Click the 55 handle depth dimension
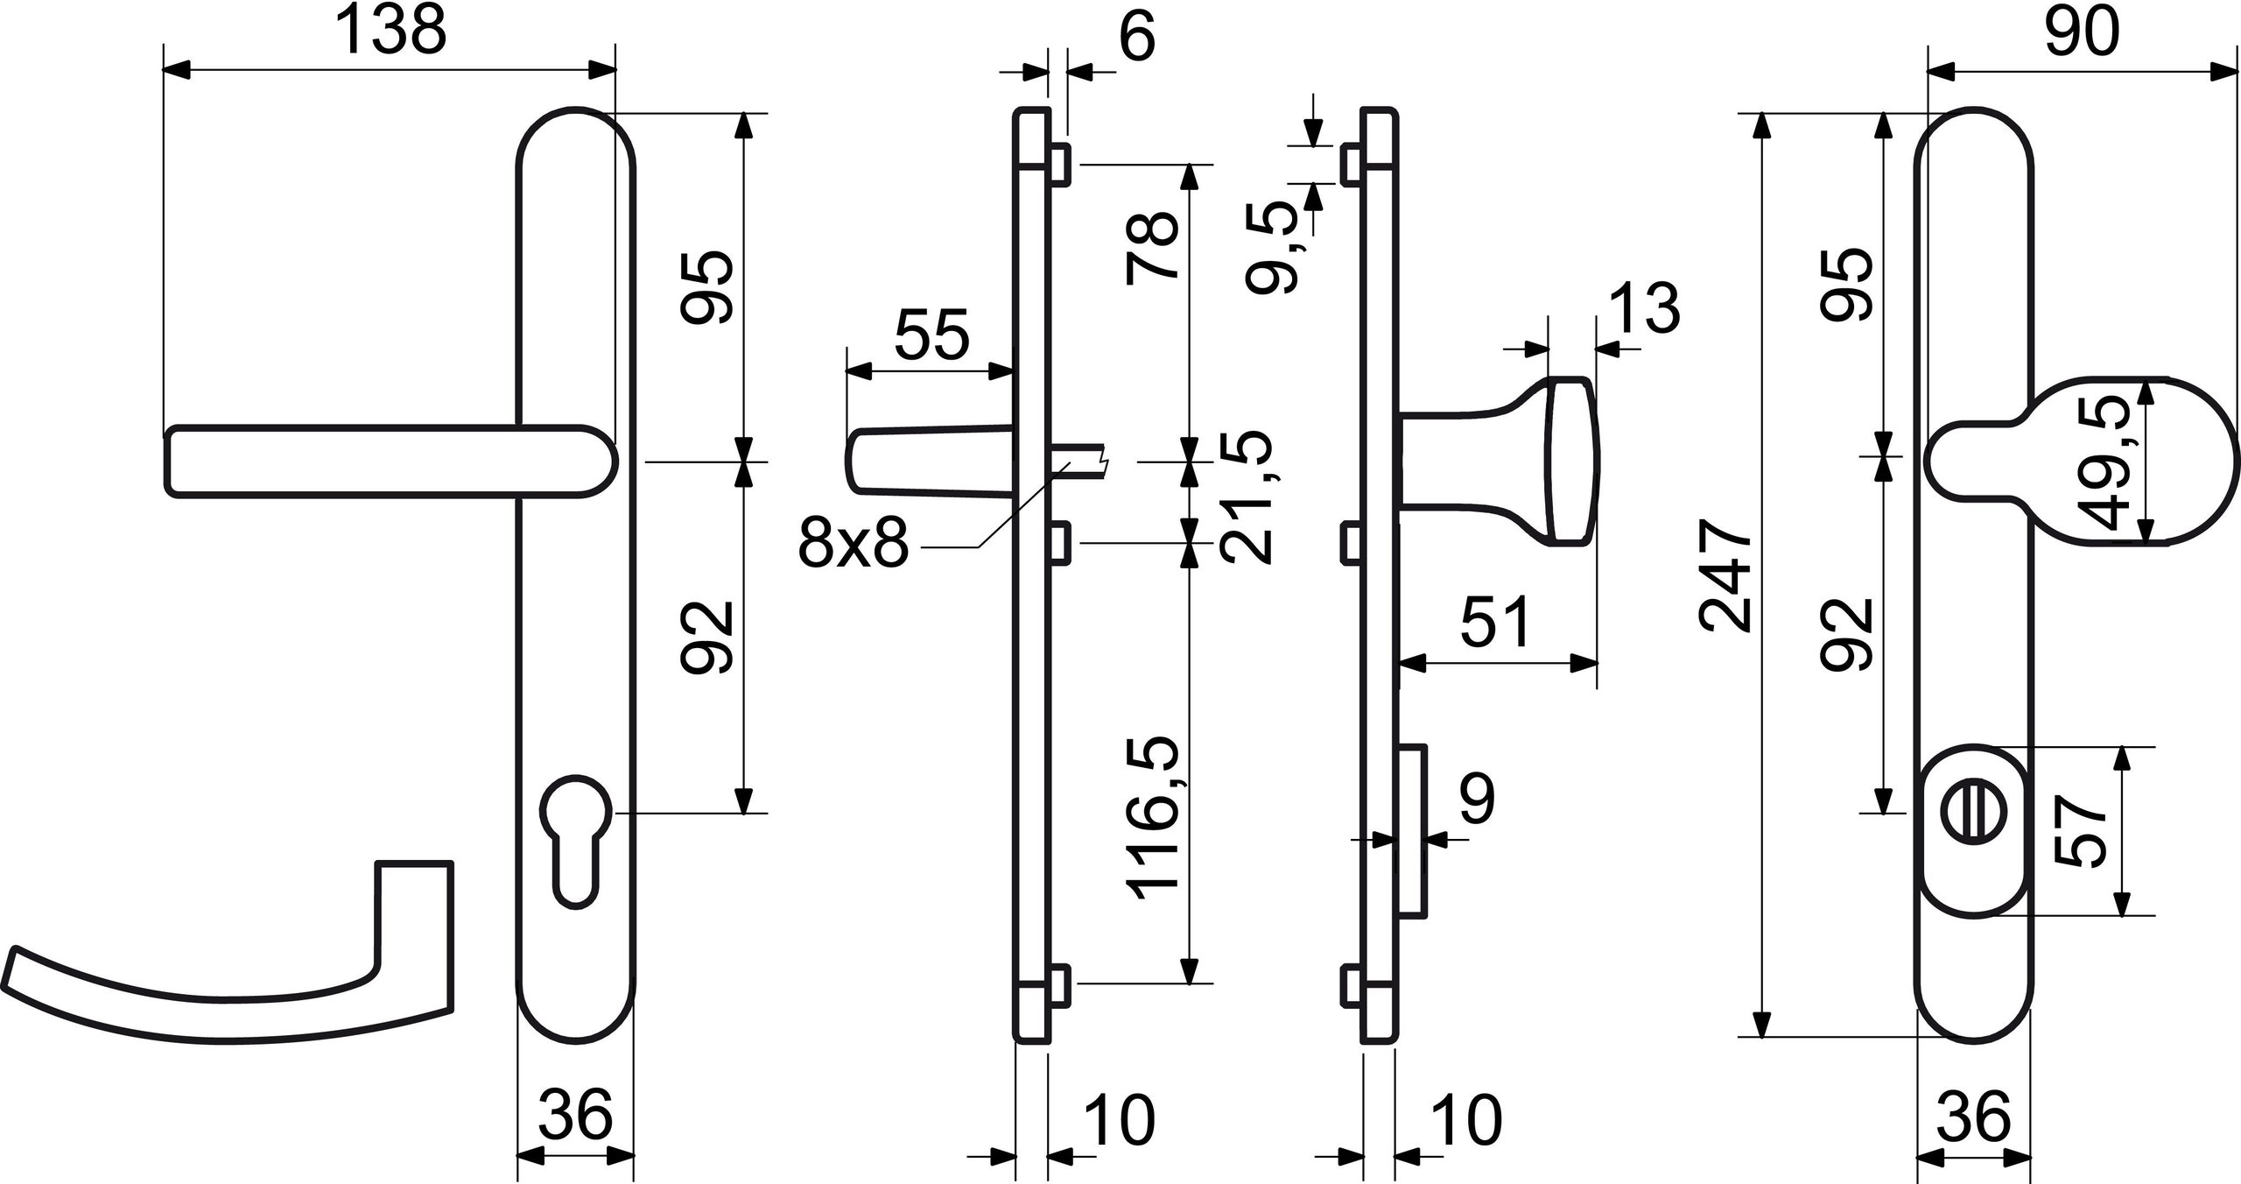[x=931, y=335]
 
